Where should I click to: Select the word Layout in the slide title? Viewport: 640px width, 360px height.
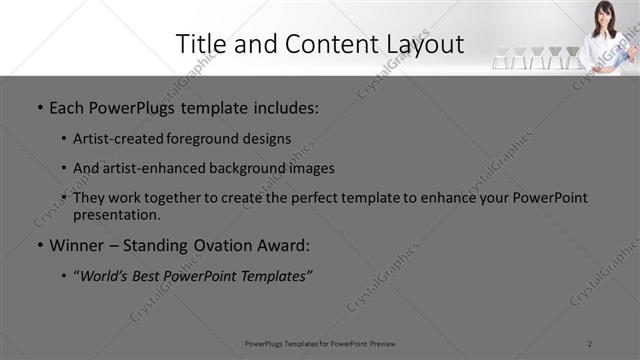(425, 44)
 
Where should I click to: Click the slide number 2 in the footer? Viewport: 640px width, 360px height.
(591, 343)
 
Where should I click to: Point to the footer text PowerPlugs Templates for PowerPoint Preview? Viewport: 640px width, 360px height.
(320, 343)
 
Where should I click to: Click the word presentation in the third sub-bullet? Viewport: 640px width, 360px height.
(118, 214)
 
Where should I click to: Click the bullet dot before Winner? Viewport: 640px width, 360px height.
(39, 245)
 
